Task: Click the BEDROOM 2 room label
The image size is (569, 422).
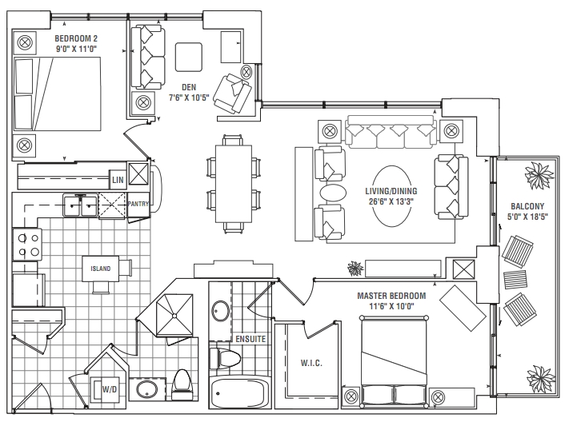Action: [x=76, y=38]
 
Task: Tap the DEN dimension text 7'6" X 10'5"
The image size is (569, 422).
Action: [x=189, y=98]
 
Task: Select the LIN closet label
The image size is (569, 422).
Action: [x=118, y=180]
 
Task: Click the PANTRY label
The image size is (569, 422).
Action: [x=138, y=204]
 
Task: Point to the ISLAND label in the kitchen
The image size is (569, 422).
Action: [x=101, y=269]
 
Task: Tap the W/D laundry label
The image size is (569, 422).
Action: [x=109, y=390]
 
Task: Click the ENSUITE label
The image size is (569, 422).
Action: [x=250, y=339]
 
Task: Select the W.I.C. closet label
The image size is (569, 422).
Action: [x=311, y=363]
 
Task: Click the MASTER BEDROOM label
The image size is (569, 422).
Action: [x=391, y=296]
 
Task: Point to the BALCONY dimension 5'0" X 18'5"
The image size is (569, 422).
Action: [x=527, y=217]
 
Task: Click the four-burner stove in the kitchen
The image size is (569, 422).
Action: [x=27, y=244]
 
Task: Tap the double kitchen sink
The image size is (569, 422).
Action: [x=80, y=205]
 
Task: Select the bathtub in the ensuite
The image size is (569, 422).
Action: [x=239, y=393]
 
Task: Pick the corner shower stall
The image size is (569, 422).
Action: [x=174, y=315]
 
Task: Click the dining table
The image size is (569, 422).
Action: [x=234, y=184]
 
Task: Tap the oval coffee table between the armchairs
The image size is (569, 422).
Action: [x=333, y=192]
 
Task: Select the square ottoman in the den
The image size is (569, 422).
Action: [x=189, y=57]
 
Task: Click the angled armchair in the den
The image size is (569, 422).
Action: [x=232, y=94]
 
